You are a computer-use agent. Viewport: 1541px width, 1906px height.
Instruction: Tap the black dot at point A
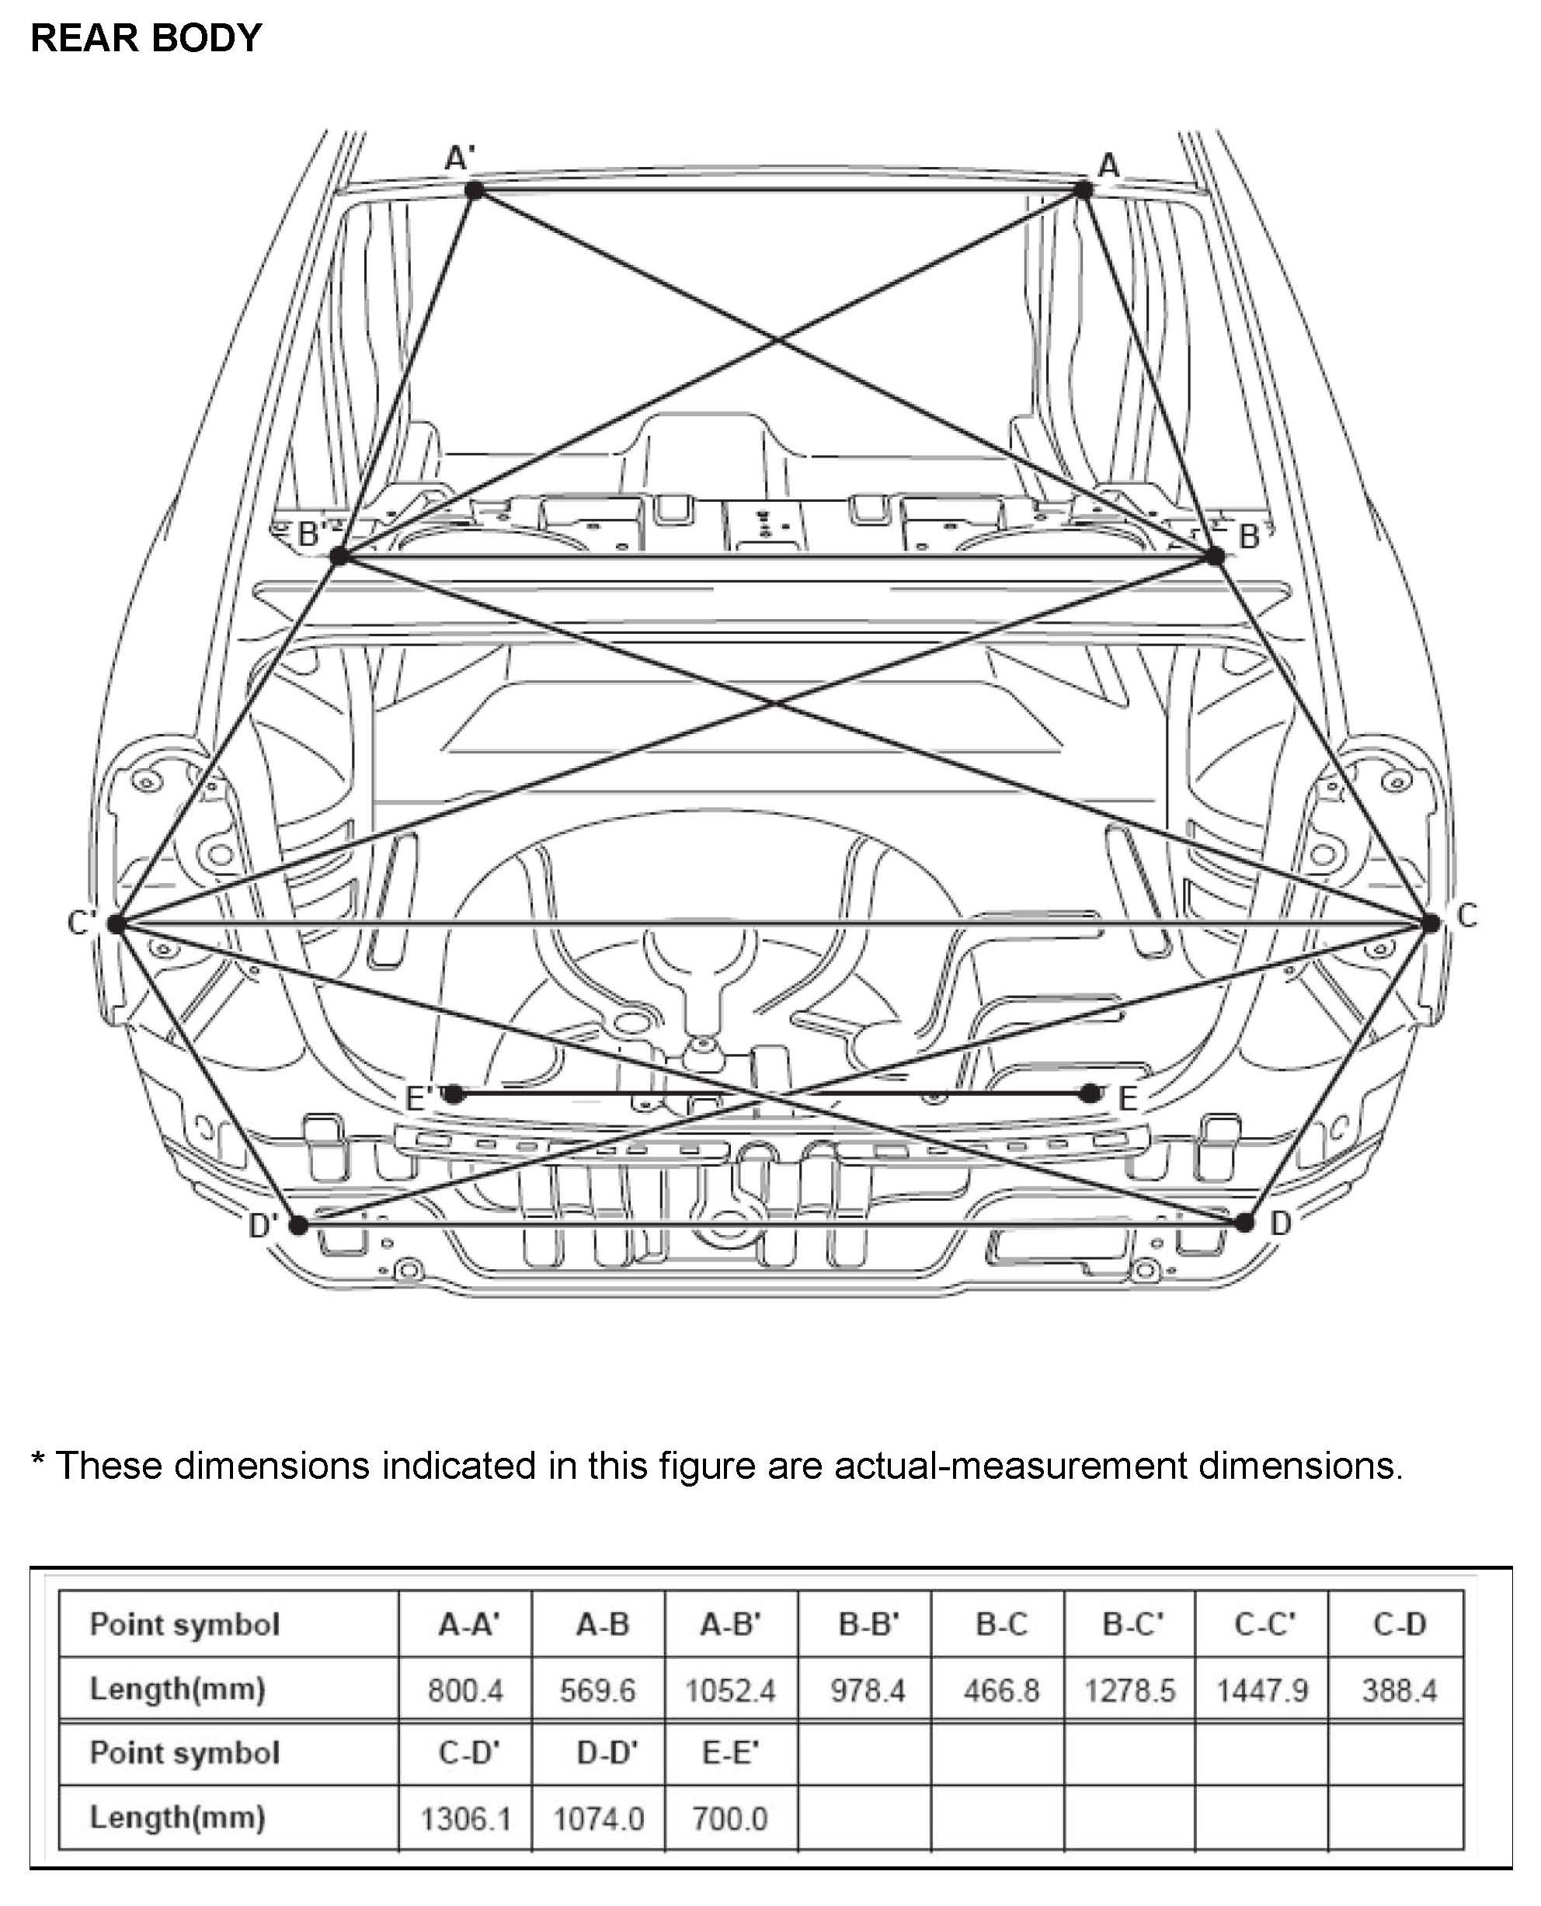tap(1083, 189)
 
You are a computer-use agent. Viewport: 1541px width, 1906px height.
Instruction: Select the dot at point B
tap(1216, 556)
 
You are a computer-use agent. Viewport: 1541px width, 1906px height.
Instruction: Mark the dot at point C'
tap(117, 923)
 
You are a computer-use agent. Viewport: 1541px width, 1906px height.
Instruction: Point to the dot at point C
tap(1430, 923)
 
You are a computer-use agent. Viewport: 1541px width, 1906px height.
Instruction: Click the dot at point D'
tap(298, 1226)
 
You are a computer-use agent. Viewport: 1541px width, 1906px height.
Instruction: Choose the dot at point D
tap(1244, 1223)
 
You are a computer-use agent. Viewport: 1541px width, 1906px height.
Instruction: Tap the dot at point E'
tap(454, 1094)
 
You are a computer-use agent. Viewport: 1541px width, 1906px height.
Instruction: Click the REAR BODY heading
tap(147, 38)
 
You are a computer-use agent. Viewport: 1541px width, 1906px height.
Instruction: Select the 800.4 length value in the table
tap(465, 1691)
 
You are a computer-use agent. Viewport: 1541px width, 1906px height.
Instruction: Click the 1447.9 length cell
tap(1262, 1691)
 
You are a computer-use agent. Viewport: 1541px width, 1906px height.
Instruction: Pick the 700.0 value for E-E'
tap(729, 1819)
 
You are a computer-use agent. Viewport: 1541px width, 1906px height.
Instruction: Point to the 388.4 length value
tap(1399, 1691)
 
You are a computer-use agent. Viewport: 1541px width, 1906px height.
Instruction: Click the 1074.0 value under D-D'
tap(598, 1819)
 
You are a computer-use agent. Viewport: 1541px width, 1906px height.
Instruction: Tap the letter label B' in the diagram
tap(311, 534)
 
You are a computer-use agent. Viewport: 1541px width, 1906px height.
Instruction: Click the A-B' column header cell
tap(731, 1625)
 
